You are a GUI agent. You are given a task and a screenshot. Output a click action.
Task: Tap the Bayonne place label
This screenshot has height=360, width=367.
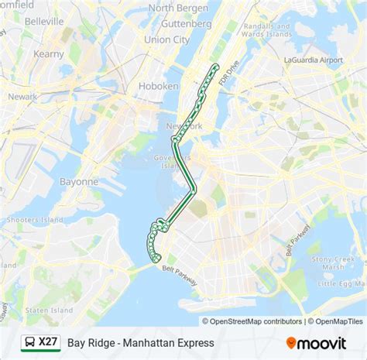tap(79, 181)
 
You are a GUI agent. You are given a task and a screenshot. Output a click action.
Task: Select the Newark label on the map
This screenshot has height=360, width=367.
tap(22, 97)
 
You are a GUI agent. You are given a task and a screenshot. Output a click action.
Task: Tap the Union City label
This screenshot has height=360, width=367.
tap(166, 39)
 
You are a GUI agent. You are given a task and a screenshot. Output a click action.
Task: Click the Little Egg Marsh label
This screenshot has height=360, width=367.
tap(341, 283)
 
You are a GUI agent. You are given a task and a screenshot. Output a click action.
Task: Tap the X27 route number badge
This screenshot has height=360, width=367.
tap(48, 341)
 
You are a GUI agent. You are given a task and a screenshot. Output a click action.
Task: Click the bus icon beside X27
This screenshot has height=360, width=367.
tap(27, 341)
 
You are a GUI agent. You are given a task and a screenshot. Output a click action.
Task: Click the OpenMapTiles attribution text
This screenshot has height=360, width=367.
tap(338, 321)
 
